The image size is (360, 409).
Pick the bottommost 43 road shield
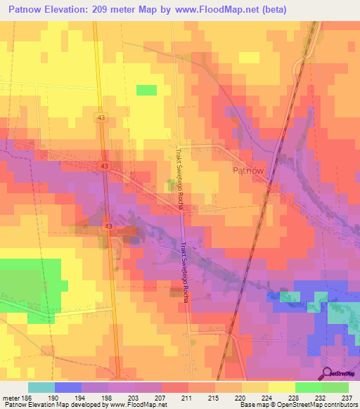click(x=108, y=226)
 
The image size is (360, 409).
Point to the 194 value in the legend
click(x=81, y=397)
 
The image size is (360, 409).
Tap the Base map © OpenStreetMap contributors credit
click(x=297, y=405)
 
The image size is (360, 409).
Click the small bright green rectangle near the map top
click(x=146, y=90)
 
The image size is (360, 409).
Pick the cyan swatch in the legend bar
click(x=41, y=387)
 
